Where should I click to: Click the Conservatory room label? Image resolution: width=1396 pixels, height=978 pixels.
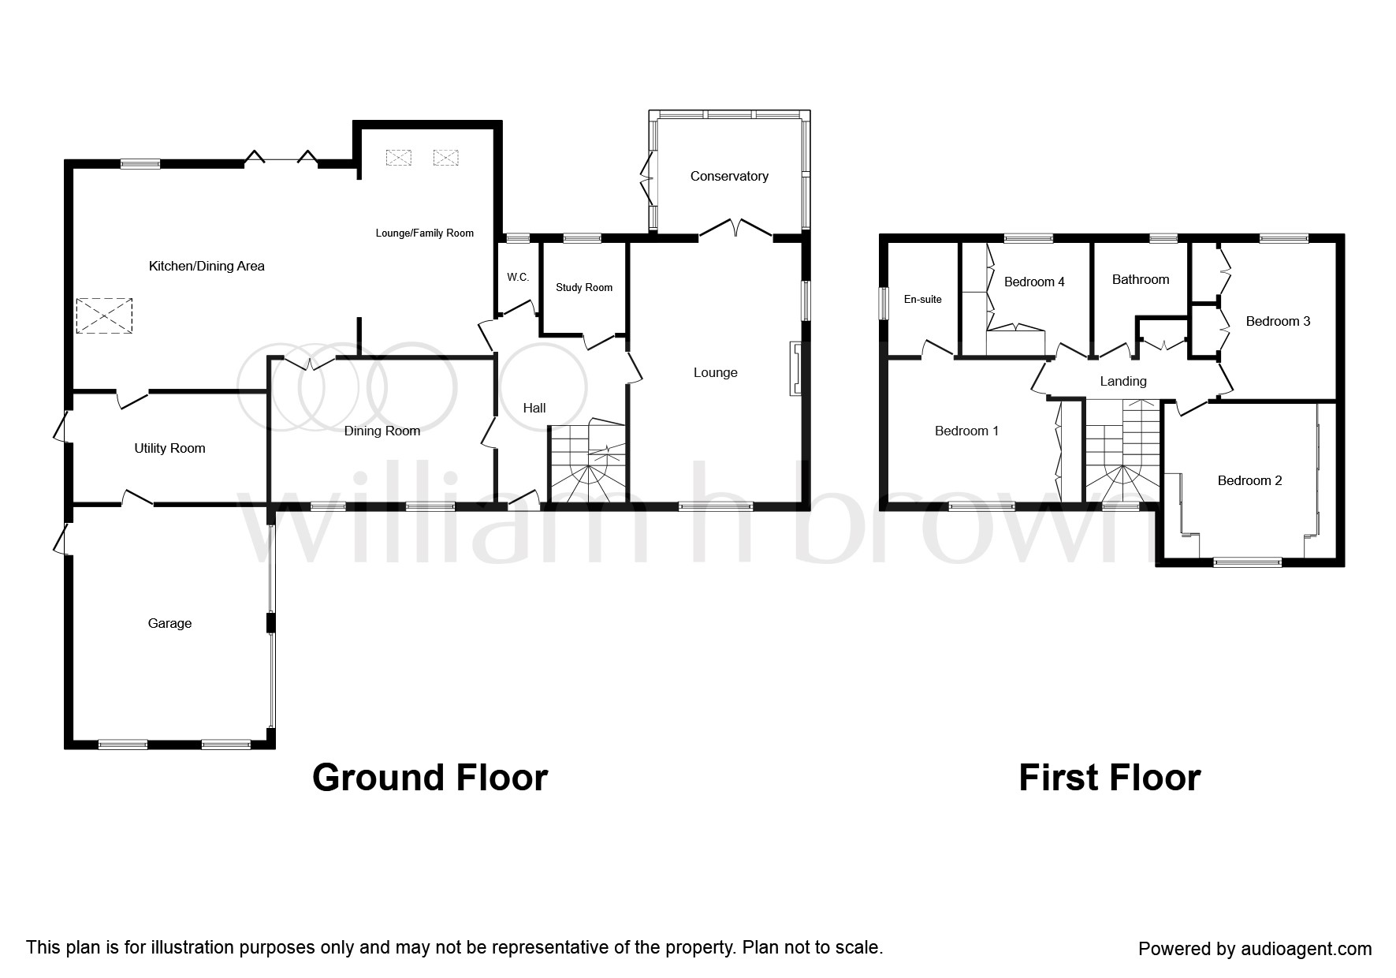pos(729,176)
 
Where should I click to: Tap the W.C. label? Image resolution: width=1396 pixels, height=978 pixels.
pos(518,278)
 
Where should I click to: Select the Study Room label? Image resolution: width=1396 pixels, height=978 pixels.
pos(584,287)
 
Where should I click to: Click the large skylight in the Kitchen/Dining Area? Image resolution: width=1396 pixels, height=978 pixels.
pos(104,316)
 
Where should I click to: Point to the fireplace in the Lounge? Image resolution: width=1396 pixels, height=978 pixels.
pos(795,368)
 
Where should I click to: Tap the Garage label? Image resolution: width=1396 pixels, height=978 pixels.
pos(169,623)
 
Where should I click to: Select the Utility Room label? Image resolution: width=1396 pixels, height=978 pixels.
pos(169,448)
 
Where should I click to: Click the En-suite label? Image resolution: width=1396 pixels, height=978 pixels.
pos(922,299)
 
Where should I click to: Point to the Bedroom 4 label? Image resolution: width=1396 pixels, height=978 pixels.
pos(1034,282)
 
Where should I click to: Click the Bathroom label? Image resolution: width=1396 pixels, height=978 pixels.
pos(1140,279)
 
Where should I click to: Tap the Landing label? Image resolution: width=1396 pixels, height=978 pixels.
pos(1122,381)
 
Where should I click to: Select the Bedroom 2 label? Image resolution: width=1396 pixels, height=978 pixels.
pos(1249,480)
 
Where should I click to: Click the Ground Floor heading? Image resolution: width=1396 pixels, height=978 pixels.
pos(430,778)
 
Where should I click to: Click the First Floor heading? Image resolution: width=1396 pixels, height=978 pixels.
pos(1109,778)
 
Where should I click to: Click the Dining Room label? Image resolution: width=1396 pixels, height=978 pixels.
pos(382,431)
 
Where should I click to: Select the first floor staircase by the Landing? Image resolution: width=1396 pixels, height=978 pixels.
pos(1122,454)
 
